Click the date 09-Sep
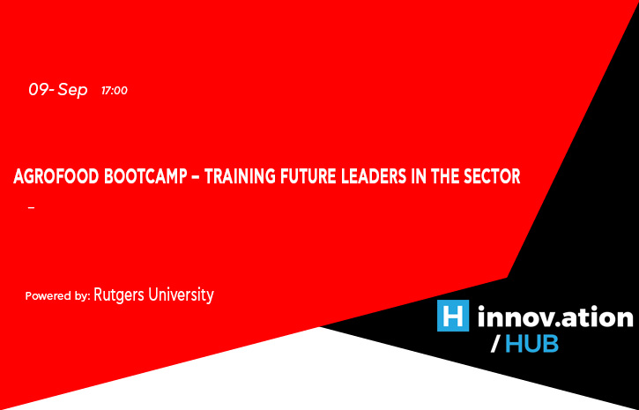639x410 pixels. coord(58,90)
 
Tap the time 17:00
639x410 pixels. coord(115,91)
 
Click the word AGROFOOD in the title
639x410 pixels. coord(56,177)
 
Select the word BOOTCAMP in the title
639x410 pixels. coord(145,177)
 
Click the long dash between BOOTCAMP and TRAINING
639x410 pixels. coord(195,178)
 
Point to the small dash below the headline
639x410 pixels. coord(32,208)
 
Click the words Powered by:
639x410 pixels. coord(57,296)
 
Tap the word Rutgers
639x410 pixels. coord(119,295)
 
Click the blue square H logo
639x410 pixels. coord(453,316)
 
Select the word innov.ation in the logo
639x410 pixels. coord(555,317)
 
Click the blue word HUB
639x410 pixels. coord(531,345)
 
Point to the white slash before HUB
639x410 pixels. coord(494,345)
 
